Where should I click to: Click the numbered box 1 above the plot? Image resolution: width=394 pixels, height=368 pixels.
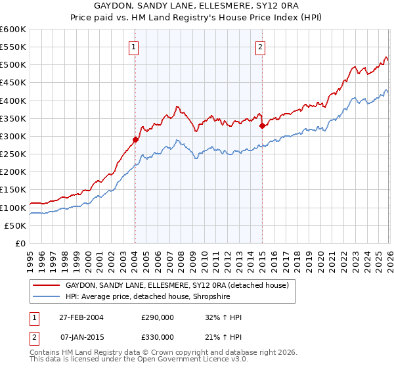click(134, 47)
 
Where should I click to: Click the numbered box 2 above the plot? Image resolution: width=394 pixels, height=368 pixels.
click(261, 47)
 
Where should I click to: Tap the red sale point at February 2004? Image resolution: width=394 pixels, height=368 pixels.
click(135, 139)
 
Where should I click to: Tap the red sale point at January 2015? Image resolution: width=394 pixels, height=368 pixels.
click(262, 125)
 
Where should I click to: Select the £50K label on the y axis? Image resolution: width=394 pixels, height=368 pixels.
click(15, 225)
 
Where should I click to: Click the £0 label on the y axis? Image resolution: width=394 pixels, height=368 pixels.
click(20, 243)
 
